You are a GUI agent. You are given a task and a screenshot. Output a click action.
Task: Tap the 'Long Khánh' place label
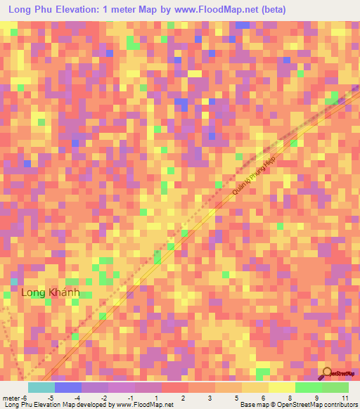[x=51, y=292]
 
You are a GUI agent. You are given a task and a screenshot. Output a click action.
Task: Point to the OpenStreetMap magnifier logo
[x=327, y=372]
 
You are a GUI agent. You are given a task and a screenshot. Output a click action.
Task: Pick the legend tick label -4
[x=77, y=398]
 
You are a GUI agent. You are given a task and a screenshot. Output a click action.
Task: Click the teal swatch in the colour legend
[x=41, y=387]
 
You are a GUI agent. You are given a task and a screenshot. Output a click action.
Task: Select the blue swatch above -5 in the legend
[x=67, y=387]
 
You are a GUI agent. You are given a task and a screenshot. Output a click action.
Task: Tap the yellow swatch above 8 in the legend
[x=281, y=387]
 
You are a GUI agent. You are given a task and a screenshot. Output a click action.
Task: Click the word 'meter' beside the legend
[x=11, y=398]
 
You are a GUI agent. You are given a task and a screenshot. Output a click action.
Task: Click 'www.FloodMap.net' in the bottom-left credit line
[x=145, y=405]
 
